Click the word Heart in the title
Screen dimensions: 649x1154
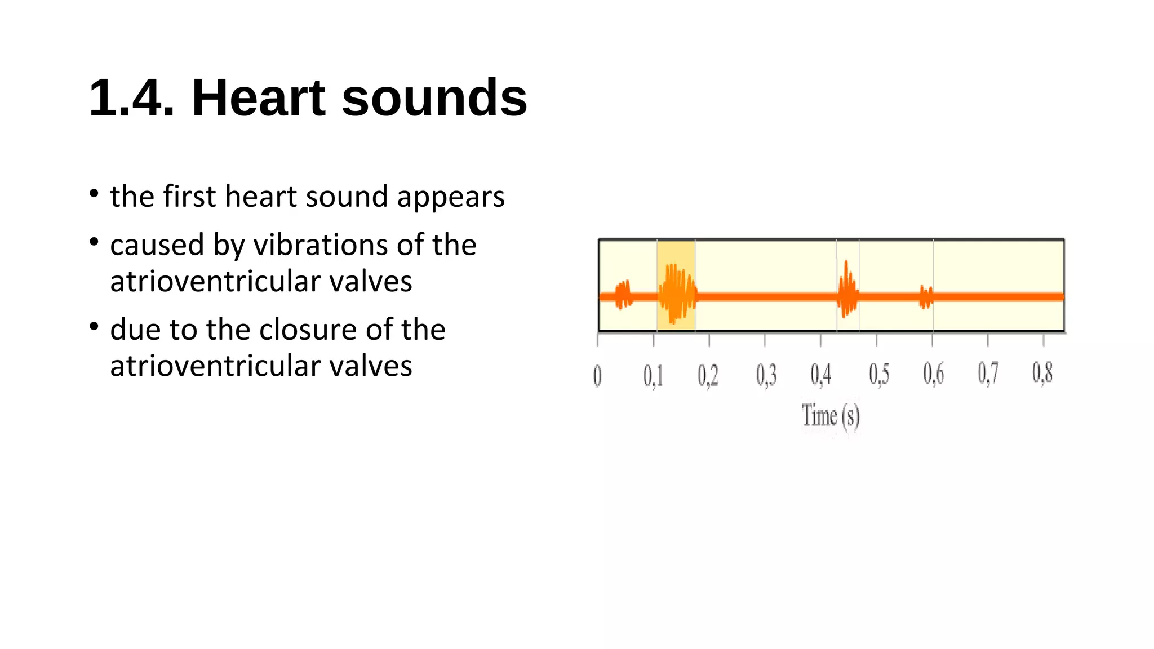click(x=259, y=98)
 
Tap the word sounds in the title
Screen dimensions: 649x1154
click(x=434, y=98)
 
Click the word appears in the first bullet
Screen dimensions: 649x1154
click(x=450, y=197)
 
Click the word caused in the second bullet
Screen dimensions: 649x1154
click(x=157, y=246)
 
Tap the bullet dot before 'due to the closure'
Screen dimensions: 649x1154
click(x=94, y=326)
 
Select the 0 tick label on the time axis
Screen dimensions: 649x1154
click(x=597, y=376)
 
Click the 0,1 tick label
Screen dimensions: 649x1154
click(x=653, y=376)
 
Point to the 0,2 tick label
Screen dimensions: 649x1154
click(x=708, y=376)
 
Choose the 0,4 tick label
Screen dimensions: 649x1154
click(x=820, y=375)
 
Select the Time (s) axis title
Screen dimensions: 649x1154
click(x=831, y=416)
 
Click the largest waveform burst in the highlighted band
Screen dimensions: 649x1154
click(x=677, y=294)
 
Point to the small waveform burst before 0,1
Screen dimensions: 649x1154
click(x=623, y=295)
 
